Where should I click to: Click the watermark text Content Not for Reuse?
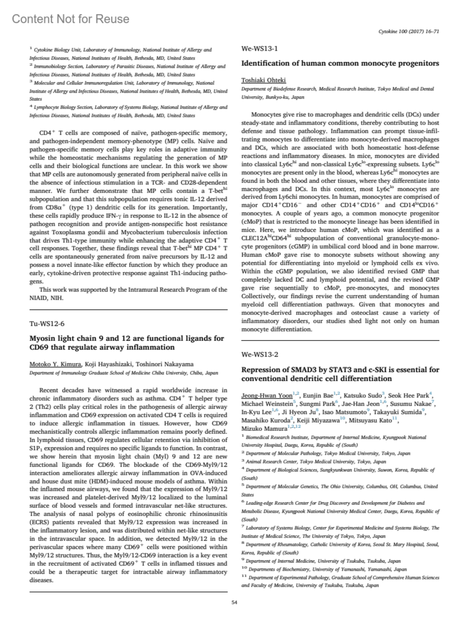tap(70, 19)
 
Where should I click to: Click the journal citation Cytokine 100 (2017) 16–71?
tap(409, 32)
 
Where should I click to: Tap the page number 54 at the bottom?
tap(234, 603)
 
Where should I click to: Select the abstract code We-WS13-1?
tap(260, 49)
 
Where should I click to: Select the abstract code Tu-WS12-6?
tap(47, 324)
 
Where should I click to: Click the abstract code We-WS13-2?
tap(260, 355)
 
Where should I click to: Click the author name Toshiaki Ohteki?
tap(263, 80)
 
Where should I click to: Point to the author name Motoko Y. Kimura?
tap(55, 364)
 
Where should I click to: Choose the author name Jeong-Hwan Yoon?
tap(267, 396)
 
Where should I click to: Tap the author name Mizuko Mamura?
tap(264, 429)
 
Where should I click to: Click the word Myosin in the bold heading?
tap(43, 339)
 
